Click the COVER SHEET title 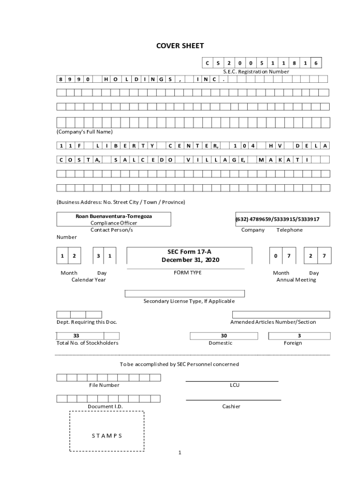click(x=180, y=46)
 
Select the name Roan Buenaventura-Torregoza click(x=114, y=216)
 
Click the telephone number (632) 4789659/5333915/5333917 click(x=277, y=219)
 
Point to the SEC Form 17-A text click(x=189, y=252)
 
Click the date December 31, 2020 click(x=190, y=260)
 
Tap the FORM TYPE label click(x=187, y=272)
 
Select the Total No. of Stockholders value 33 click(x=76, y=335)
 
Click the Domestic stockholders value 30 click(x=223, y=335)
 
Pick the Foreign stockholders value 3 click(x=299, y=335)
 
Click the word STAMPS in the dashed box click(x=107, y=435)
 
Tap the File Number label click(x=104, y=385)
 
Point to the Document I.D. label click(x=105, y=406)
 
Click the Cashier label click(x=231, y=406)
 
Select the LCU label click(x=234, y=385)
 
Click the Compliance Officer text click(x=114, y=223)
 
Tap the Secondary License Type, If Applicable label click(x=189, y=301)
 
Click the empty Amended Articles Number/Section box click(x=281, y=314)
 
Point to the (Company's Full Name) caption click(x=85, y=131)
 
